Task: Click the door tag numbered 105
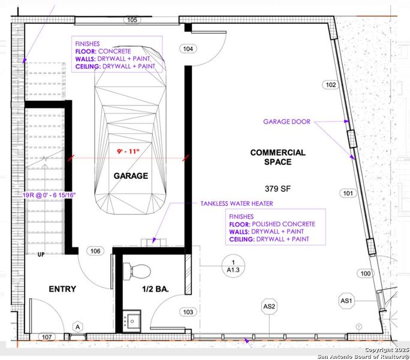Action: (132, 20)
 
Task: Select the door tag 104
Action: (188, 49)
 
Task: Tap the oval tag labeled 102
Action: (330, 85)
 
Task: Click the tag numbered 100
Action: (365, 274)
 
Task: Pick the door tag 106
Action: (95, 251)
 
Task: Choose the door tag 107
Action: (47, 337)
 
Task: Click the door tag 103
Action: (188, 311)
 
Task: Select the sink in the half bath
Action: (132, 319)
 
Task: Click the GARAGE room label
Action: (131, 176)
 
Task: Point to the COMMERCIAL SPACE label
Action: (278, 157)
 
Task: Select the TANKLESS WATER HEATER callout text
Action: (235, 203)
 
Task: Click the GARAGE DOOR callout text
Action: (287, 121)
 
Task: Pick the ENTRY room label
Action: (62, 289)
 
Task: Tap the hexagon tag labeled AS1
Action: (346, 300)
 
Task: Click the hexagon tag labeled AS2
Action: (269, 307)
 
